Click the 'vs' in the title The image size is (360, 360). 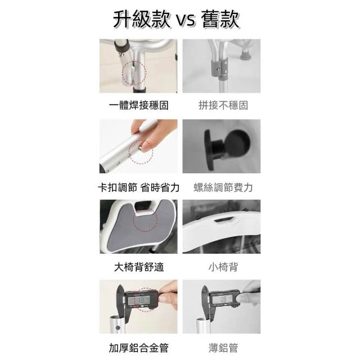click(x=185, y=20)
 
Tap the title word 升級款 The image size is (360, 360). click(x=142, y=19)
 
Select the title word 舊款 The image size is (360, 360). click(x=220, y=19)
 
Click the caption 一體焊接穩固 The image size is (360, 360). click(x=139, y=106)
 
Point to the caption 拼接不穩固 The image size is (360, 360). click(x=223, y=106)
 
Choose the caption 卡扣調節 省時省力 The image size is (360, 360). click(x=139, y=187)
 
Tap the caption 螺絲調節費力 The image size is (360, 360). click(x=223, y=187)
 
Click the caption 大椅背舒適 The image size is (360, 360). click(x=139, y=267)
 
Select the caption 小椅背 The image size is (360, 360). click(x=223, y=267)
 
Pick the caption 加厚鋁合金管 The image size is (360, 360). click(x=139, y=348)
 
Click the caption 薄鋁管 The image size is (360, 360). click(x=223, y=348)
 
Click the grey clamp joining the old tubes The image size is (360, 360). click(x=219, y=66)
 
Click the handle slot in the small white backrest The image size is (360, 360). click(x=223, y=220)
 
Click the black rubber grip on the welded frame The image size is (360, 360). click(x=121, y=47)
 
